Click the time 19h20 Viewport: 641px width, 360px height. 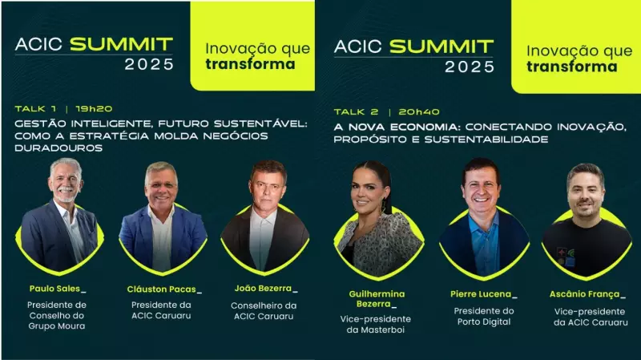[94, 107]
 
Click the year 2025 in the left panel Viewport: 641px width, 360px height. [149, 65]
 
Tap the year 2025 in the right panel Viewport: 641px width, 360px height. [470, 67]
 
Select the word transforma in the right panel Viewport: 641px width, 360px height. [571, 67]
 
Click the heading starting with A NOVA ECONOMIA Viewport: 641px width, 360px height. [479, 133]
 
